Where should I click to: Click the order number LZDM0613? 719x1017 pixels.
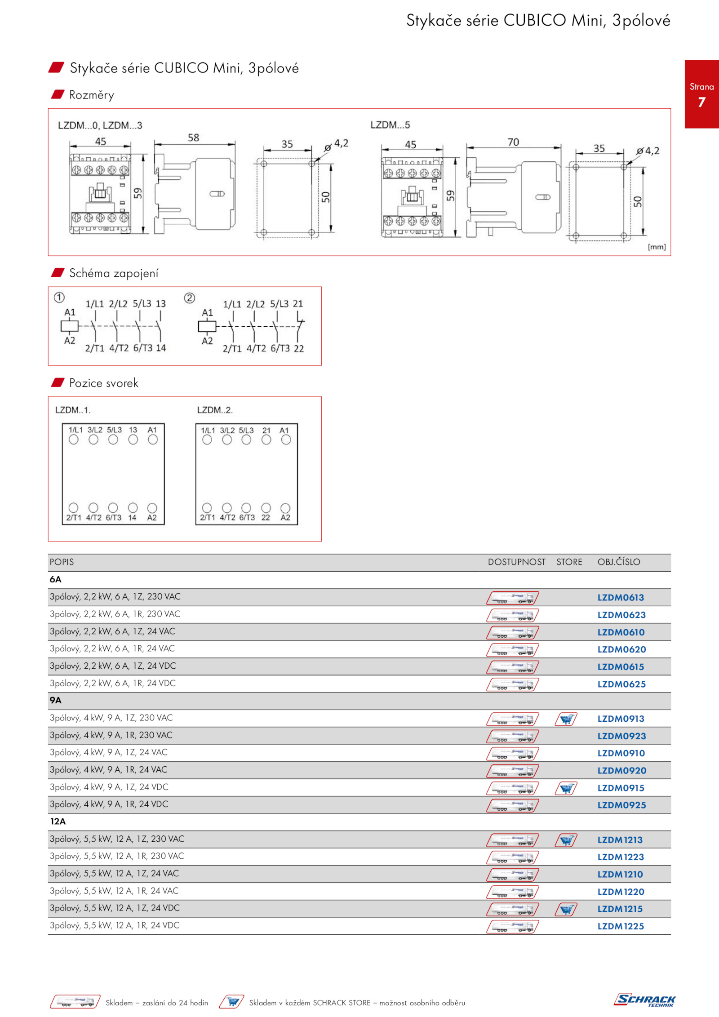(621, 597)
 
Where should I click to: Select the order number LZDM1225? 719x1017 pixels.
(621, 926)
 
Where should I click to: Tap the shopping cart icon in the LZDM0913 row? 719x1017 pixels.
(566, 719)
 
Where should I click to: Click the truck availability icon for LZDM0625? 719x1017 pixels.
(513, 684)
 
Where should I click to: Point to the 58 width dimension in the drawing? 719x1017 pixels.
(194, 138)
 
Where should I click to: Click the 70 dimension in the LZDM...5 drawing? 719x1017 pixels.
(513, 142)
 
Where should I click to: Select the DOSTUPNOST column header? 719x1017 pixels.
(517, 562)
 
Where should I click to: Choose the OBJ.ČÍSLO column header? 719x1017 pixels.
(619, 562)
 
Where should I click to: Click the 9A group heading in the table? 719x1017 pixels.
(55, 701)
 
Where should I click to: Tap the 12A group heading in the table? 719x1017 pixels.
(58, 822)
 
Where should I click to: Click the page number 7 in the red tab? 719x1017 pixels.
(701, 102)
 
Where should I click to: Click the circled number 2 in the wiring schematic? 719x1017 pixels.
(190, 298)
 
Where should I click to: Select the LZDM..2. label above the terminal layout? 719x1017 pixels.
(215, 410)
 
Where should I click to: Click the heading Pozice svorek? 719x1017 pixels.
(104, 383)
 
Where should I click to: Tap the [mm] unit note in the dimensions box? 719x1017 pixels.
(657, 247)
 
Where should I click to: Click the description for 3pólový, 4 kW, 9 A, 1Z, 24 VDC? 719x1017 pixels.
(109, 787)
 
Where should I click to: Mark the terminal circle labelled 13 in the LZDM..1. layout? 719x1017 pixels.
(133, 440)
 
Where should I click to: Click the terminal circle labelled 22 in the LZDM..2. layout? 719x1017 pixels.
(266, 508)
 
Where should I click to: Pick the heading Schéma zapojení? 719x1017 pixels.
(114, 273)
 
